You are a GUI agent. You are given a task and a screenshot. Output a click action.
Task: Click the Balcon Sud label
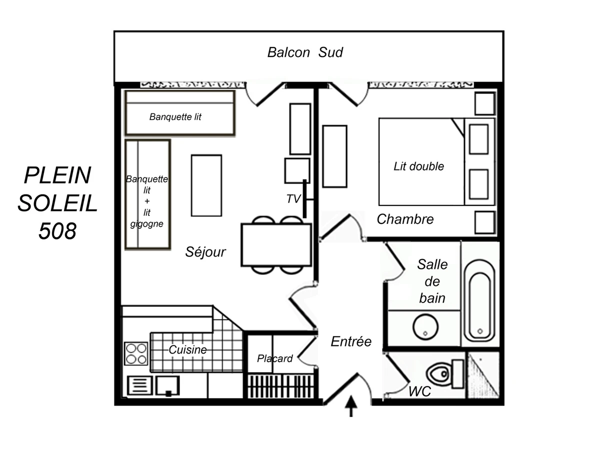click(305, 52)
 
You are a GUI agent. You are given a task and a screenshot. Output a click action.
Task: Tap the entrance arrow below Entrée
click(351, 405)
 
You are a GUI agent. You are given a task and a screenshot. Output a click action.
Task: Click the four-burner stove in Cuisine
click(136, 353)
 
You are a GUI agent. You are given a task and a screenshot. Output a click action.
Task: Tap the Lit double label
click(418, 166)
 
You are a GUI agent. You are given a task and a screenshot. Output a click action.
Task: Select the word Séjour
click(205, 252)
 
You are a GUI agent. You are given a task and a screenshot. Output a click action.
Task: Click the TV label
click(293, 199)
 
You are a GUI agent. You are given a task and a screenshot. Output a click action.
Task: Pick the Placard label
click(274, 358)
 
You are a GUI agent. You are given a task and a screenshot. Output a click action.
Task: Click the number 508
click(57, 230)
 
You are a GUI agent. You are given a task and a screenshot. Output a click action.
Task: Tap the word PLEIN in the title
click(57, 175)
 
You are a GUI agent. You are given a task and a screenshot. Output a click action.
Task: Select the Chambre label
click(405, 219)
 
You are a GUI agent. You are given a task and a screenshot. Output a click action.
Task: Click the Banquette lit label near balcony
click(175, 117)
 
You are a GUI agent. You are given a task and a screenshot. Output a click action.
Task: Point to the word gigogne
click(147, 223)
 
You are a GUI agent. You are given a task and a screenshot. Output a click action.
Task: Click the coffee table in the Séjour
click(206, 185)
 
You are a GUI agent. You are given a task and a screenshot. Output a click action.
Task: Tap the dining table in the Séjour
click(276, 245)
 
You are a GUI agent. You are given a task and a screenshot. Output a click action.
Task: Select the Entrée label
click(351, 341)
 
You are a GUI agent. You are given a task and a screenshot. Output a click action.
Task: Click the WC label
click(419, 391)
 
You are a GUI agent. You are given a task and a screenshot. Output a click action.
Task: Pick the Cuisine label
click(187, 350)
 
